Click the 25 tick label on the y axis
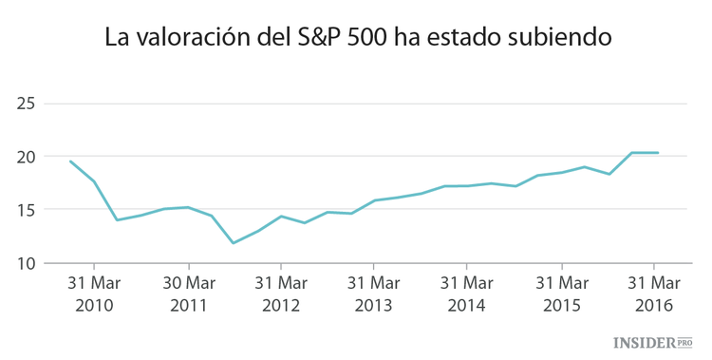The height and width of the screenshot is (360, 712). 27,104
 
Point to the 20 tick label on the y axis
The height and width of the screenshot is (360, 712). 27,157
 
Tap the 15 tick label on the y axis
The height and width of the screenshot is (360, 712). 27,210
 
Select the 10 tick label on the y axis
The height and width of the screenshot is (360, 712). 27,263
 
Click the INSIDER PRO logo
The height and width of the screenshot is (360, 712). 654,342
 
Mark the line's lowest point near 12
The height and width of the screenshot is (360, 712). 234,243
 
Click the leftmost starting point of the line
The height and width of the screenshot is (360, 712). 70,161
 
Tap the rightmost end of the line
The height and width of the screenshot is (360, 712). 658,153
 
